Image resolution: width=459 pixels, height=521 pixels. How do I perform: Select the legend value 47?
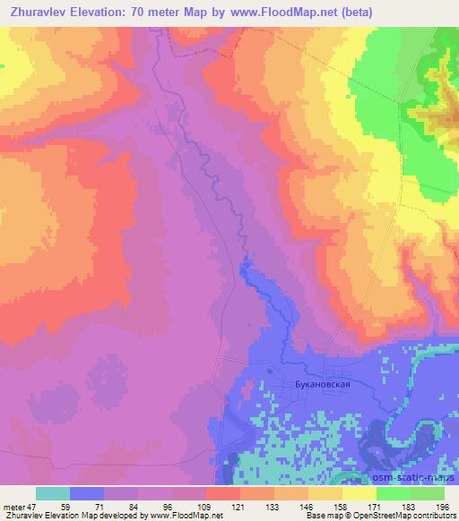[33, 507]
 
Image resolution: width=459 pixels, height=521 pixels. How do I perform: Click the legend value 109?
[206, 507]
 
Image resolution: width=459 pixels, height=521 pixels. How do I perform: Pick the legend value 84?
[138, 507]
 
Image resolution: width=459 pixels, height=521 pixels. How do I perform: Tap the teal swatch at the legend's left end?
[53, 493]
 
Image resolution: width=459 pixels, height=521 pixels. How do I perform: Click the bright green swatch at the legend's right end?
[428, 493]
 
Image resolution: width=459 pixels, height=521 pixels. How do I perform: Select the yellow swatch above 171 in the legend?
[359, 493]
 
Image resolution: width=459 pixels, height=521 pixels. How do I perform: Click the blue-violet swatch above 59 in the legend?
[87, 493]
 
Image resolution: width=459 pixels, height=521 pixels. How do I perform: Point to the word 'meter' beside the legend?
[13, 507]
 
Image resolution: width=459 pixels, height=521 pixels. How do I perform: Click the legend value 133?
[240, 507]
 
